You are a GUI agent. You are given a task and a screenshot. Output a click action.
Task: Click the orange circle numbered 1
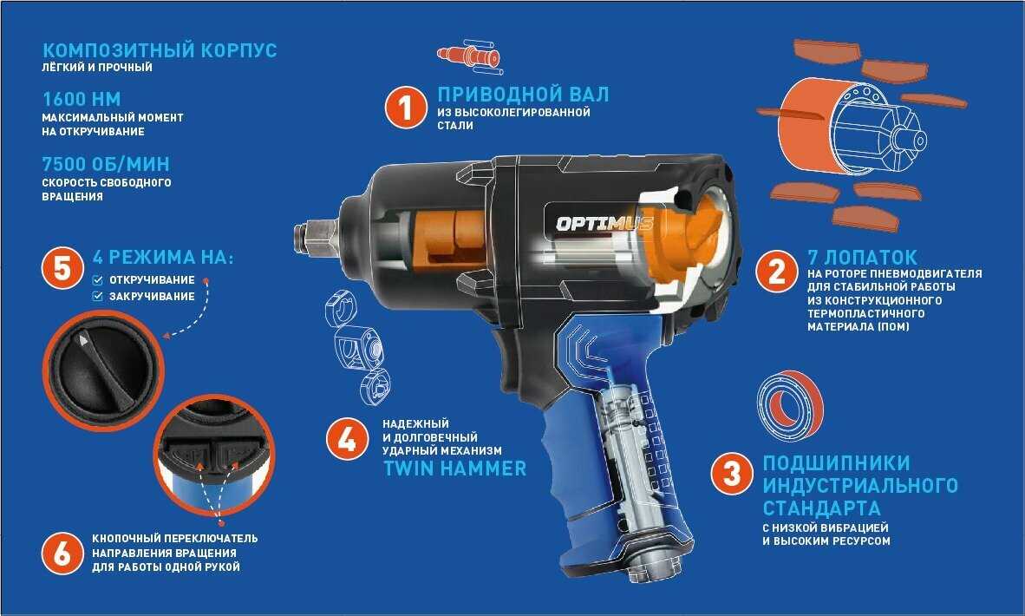point(405,108)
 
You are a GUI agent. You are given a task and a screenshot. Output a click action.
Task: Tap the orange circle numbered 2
point(777,272)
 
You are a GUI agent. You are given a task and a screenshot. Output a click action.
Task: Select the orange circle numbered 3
point(732,474)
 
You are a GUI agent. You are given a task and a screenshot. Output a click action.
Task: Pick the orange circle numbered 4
point(347,439)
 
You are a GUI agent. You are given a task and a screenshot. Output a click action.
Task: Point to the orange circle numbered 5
point(62,268)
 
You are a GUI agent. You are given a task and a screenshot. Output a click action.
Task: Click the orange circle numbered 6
point(62,554)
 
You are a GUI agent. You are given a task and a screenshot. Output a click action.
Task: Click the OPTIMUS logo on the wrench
point(604,224)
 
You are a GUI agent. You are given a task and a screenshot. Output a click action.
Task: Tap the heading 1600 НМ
point(82,99)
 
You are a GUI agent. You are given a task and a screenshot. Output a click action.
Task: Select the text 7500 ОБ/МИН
point(106,163)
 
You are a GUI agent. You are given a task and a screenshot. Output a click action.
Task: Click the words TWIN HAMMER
point(454,469)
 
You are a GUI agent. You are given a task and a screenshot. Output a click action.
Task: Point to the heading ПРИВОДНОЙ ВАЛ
point(523,95)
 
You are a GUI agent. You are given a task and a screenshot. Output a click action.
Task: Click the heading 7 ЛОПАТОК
point(862,257)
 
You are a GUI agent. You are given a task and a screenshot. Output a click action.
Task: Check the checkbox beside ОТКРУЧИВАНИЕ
point(97,280)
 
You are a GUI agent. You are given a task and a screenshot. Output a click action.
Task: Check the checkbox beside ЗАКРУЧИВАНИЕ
point(97,296)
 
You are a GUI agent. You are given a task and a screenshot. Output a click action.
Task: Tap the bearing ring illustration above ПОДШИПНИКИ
point(790,405)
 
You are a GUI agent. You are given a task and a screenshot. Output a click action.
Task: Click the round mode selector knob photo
point(102,370)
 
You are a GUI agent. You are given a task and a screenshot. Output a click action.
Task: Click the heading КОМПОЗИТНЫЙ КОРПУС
point(160,49)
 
